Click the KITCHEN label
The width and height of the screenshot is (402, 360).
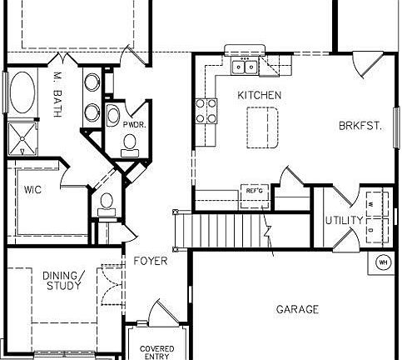pos(259,95)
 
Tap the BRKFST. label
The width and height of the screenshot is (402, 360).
pos(360,126)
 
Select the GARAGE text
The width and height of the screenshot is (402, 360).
pos(297,310)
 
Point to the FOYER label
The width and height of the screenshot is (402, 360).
pos(150,261)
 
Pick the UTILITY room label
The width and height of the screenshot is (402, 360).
pos(343,221)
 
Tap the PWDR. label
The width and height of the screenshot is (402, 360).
pos(134,124)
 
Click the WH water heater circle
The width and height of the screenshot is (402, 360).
pos(384,262)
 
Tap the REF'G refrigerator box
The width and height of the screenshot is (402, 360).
pos(254,192)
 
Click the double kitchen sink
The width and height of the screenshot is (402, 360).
pos(245,67)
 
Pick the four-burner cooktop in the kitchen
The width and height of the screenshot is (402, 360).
pos(206,110)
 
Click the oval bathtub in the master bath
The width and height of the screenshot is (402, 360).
pos(22,92)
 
